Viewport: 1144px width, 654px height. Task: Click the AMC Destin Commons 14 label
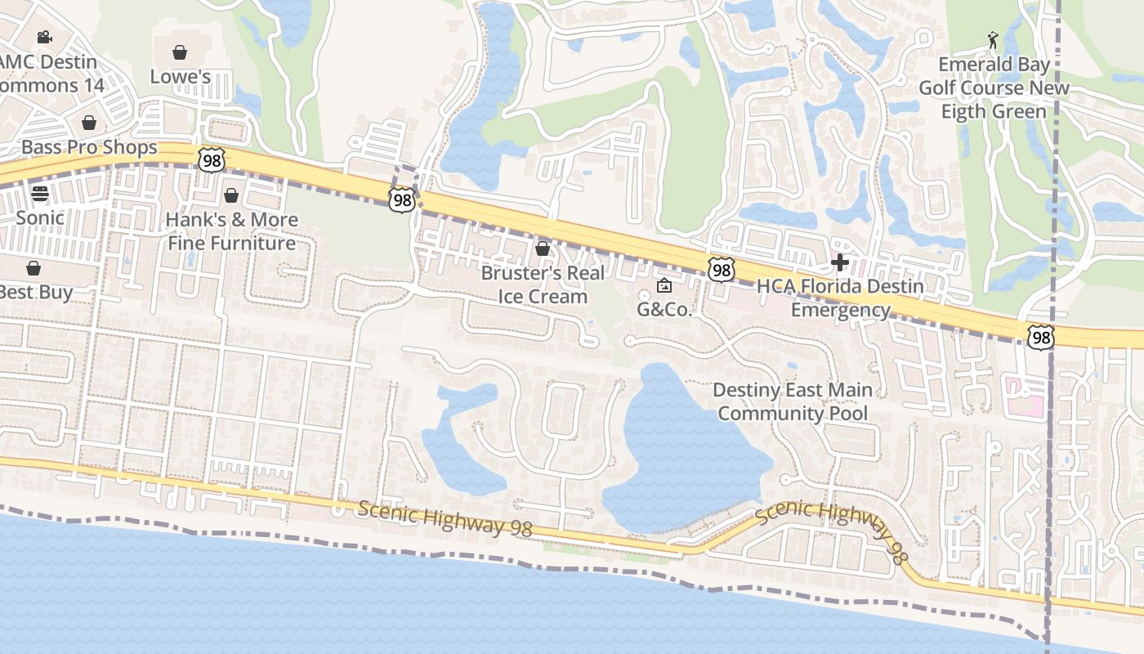[49, 74]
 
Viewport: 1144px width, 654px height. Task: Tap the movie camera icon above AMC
[45, 37]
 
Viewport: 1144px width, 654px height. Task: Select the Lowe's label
[181, 77]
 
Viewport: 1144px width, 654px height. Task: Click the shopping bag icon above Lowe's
[180, 52]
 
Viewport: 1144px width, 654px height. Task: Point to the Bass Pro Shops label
[89, 147]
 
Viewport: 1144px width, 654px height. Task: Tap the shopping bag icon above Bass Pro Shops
[89, 123]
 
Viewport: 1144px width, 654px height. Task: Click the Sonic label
[40, 217]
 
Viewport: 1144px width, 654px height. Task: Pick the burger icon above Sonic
[40, 194]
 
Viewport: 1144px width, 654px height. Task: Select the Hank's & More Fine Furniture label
[231, 231]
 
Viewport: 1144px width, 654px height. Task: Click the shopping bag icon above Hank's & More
[231, 195]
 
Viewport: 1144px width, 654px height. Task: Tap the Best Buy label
[37, 292]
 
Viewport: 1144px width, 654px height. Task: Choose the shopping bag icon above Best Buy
[34, 267]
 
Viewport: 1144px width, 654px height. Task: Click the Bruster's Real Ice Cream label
[543, 284]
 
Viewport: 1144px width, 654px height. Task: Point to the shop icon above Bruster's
[542, 248]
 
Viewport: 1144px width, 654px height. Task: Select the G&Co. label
[664, 310]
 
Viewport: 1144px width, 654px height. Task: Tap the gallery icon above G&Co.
[664, 285]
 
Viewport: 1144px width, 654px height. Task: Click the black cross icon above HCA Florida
[839, 262]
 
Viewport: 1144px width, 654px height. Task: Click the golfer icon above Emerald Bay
[994, 39]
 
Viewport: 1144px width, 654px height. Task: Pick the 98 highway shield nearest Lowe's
[212, 160]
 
